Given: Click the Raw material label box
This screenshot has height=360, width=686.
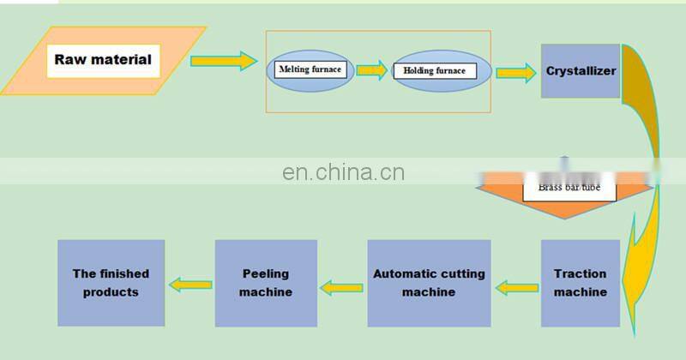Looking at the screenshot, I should coord(102,60).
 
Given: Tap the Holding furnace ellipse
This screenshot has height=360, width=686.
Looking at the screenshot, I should coord(441,70).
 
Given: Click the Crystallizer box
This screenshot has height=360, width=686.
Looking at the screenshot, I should coord(581,70).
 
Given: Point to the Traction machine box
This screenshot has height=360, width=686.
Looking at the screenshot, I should coord(580,283).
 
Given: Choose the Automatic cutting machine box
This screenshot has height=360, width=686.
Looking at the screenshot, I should coord(429,283).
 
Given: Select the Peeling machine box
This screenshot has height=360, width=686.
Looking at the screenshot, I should coord(265,283).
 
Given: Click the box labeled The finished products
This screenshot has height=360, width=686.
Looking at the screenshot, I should coord(111,283).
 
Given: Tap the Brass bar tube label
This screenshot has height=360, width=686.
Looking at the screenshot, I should coord(569,186).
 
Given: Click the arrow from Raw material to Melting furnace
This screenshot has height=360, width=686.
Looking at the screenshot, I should coord(223,61).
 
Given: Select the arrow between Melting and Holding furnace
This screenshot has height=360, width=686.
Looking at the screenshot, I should coord(371,70).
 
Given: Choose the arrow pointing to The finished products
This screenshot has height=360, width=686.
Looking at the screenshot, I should coord(190,284).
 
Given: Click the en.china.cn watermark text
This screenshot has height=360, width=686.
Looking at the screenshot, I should coord(343,172).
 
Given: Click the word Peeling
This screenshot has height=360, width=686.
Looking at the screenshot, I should coord(265,274).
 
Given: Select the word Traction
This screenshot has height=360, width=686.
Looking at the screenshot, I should coord(580,274).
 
